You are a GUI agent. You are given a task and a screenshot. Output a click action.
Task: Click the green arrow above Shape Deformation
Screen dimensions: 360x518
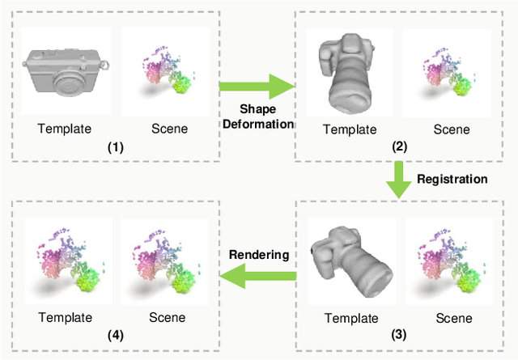tap(257, 85)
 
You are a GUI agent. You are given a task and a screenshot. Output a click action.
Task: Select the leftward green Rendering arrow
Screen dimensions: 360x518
tap(257, 277)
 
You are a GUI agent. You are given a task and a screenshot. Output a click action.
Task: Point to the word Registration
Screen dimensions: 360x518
tap(452, 177)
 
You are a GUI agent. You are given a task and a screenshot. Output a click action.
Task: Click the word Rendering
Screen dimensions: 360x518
tap(258, 254)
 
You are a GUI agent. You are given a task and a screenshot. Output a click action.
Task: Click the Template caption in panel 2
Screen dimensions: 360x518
tap(350, 129)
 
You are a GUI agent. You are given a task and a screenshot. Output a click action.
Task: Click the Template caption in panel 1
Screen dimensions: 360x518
tap(65, 128)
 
